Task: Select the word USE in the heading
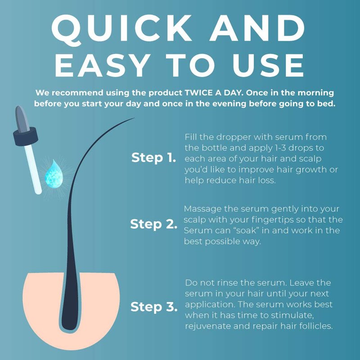[268, 66]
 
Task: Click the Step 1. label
[153, 158]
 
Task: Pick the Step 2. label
[153, 224]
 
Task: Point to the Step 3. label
[154, 307]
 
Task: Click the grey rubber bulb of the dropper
[22, 119]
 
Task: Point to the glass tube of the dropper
[33, 169]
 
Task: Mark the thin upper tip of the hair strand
[134, 118]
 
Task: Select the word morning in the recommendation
[316, 93]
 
